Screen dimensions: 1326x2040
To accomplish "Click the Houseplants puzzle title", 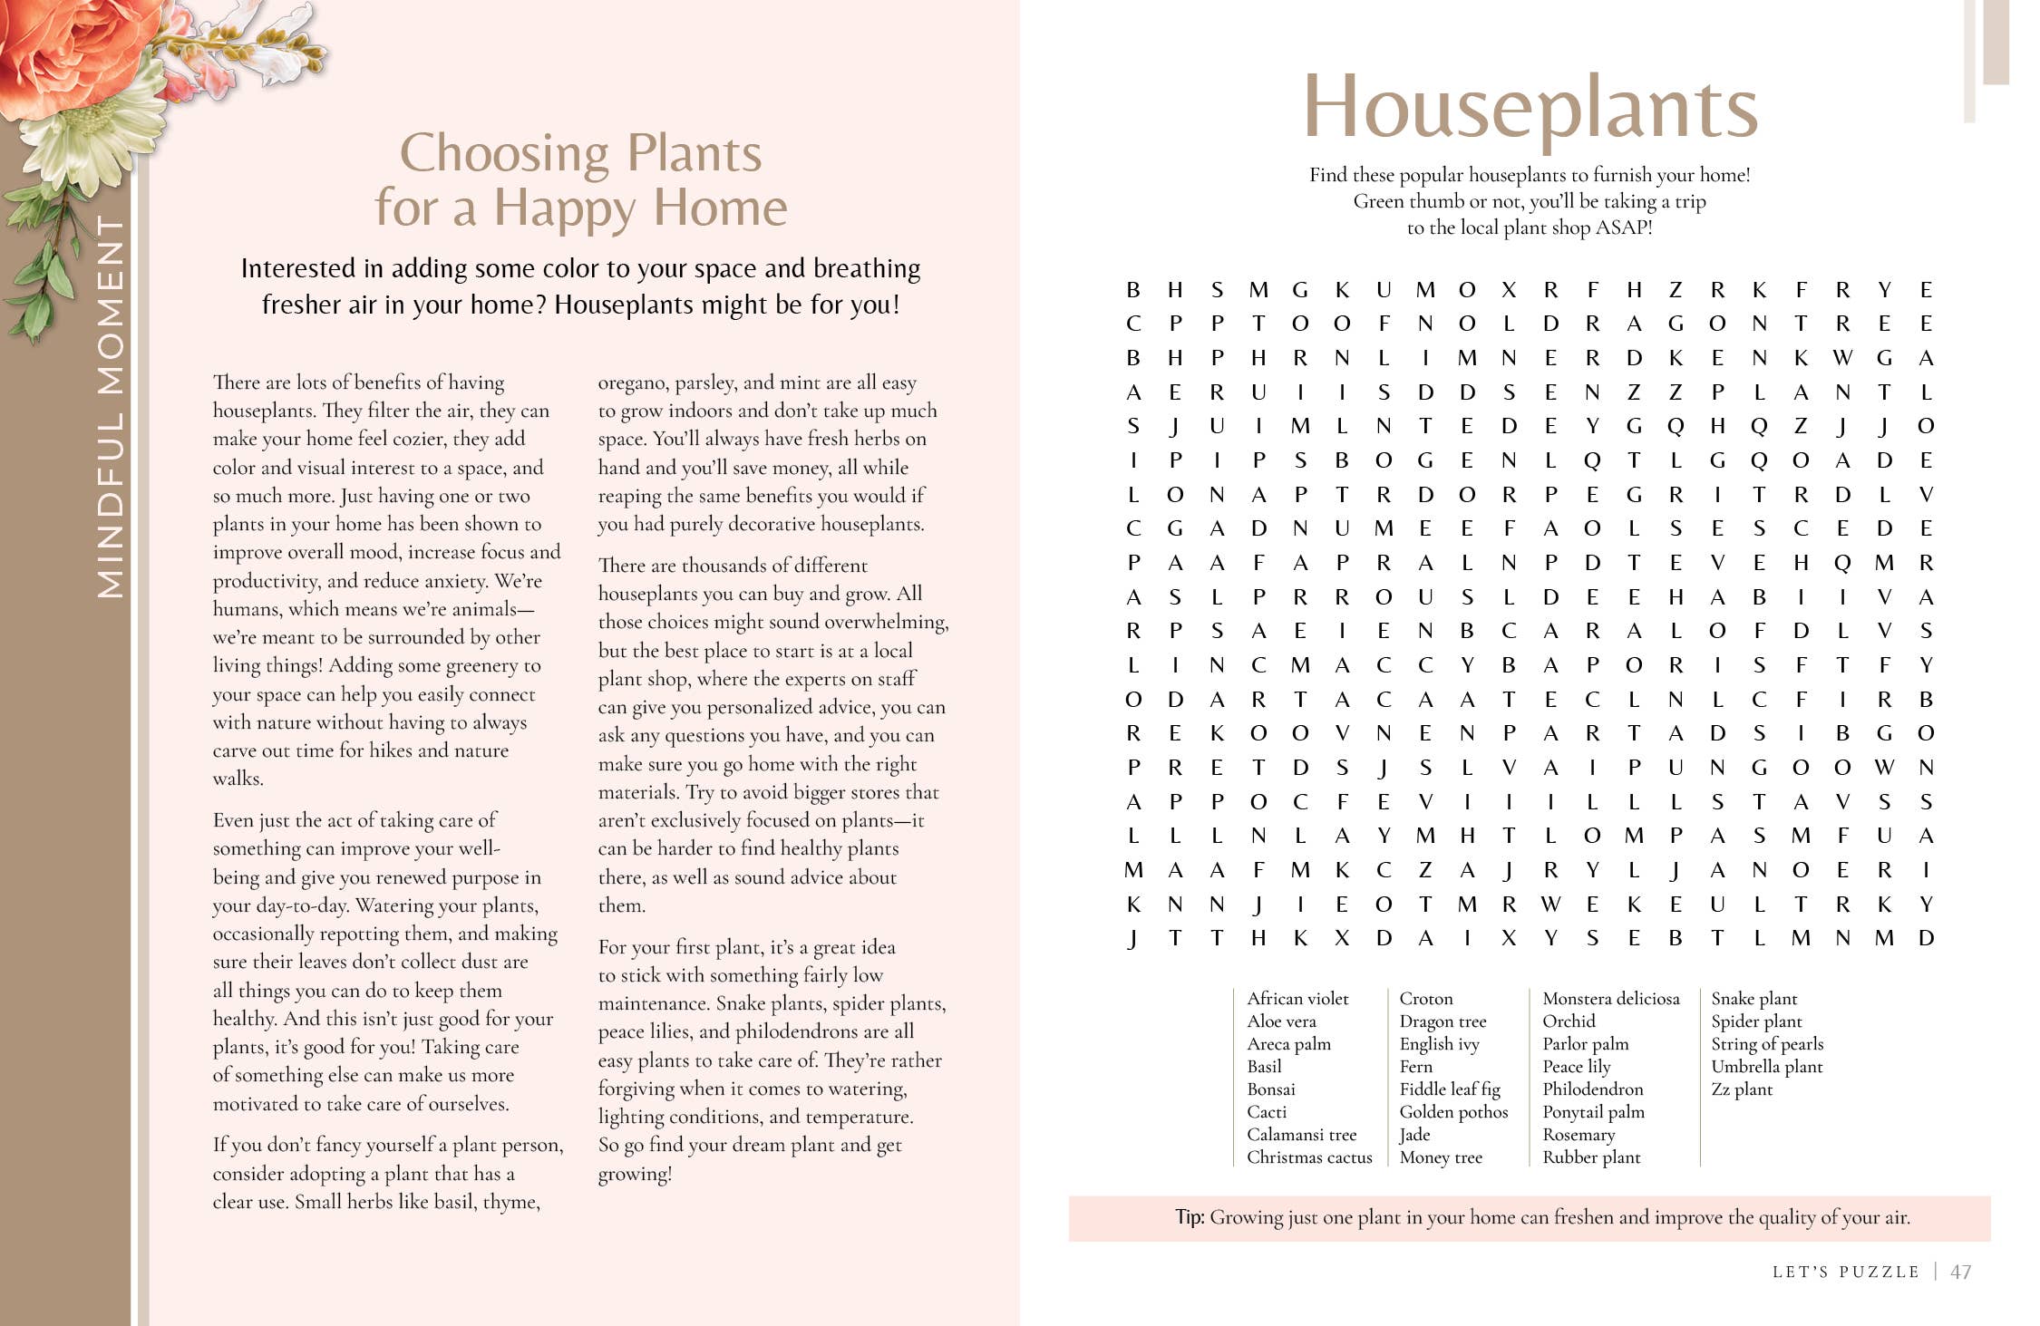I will (x=1530, y=108).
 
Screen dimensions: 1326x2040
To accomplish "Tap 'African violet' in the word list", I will (x=1297, y=998).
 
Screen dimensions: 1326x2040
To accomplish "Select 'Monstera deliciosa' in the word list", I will (x=1611, y=998).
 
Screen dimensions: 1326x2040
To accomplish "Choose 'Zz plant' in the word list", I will (x=1741, y=1089).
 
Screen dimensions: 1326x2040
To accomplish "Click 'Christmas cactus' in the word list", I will (x=1309, y=1157).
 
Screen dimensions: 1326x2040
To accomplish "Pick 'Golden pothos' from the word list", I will (x=1453, y=1111).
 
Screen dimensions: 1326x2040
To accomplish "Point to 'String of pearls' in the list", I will (x=1766, y=1043).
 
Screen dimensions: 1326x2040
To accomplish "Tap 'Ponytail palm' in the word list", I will (x=1593, y=1111).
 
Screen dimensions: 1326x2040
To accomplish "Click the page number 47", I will (x=1960, y=1272).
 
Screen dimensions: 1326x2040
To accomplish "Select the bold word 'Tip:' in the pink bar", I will (x=1190, y=1217).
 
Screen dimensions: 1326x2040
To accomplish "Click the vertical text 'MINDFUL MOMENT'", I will (x=111, y=407).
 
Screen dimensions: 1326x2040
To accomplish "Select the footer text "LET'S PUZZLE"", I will (x=1845, y=1272).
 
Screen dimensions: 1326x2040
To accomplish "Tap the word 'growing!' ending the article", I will (x=635, y=1174).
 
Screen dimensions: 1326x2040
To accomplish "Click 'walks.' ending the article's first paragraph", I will (x=238, y=779).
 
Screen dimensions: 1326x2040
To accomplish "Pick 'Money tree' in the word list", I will (x=1441, y=1157).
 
